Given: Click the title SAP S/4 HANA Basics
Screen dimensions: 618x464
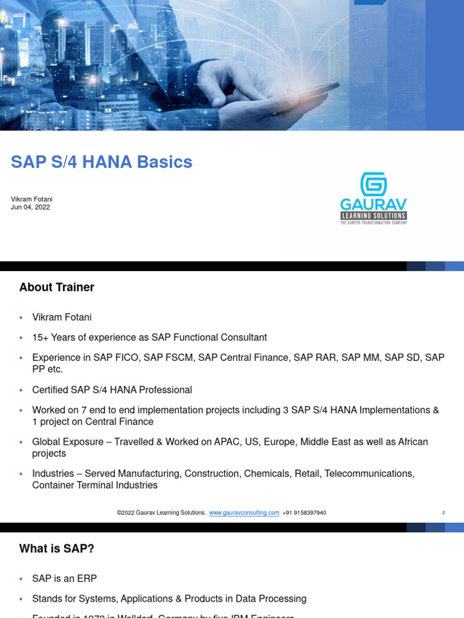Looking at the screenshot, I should pos(101,162).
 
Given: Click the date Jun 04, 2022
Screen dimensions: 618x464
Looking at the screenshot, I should pos(30,207).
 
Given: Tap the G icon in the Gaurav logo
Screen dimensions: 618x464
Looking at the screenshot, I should pos(373,185).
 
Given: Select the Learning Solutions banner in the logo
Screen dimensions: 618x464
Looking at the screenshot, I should pos(373,215).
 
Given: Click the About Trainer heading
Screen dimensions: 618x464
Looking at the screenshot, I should pos(57,287).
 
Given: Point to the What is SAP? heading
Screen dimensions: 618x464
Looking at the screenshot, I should pos(57,549).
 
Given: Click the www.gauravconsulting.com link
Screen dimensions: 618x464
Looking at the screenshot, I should pos(244,513).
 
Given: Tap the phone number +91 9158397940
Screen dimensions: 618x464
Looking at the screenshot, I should pos(304,513).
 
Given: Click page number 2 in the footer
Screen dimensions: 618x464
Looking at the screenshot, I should pos(443,513).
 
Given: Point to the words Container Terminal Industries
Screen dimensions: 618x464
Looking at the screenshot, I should pos(95,485).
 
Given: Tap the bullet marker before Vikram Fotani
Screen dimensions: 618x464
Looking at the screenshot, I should pos(21,317).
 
